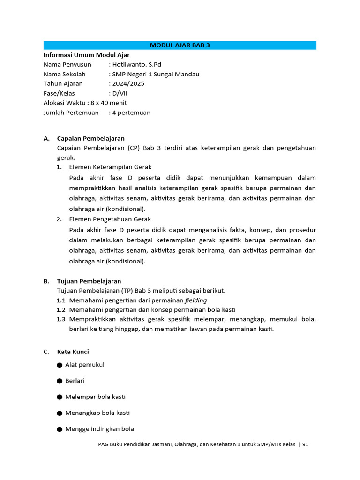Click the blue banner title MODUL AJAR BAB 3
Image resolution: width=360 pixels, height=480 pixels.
(180, 45)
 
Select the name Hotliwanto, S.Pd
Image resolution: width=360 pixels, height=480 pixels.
(136, 65)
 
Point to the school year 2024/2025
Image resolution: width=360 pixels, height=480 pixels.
(128, 83)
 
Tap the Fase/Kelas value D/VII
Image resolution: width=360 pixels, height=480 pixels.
(120, 93)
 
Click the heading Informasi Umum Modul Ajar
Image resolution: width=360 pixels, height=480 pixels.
(86, 55)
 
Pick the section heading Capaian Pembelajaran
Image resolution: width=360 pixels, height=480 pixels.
(90, 138)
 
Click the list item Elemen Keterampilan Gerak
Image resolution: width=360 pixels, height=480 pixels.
(110, 167)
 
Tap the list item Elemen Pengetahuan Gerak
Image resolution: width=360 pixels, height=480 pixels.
(110, 219)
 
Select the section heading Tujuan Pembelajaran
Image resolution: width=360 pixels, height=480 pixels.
(89, 281)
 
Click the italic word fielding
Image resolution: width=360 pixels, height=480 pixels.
(196, 300)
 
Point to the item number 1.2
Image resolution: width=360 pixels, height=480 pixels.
(61, 310)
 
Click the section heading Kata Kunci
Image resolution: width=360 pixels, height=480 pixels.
(73, 352)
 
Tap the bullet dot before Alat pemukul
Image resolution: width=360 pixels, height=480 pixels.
(60, 365)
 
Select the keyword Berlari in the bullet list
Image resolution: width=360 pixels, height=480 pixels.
(75, 381)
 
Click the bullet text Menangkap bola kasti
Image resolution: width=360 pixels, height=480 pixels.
(97, 413)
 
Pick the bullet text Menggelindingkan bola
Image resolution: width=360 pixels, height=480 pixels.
(99, 429)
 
